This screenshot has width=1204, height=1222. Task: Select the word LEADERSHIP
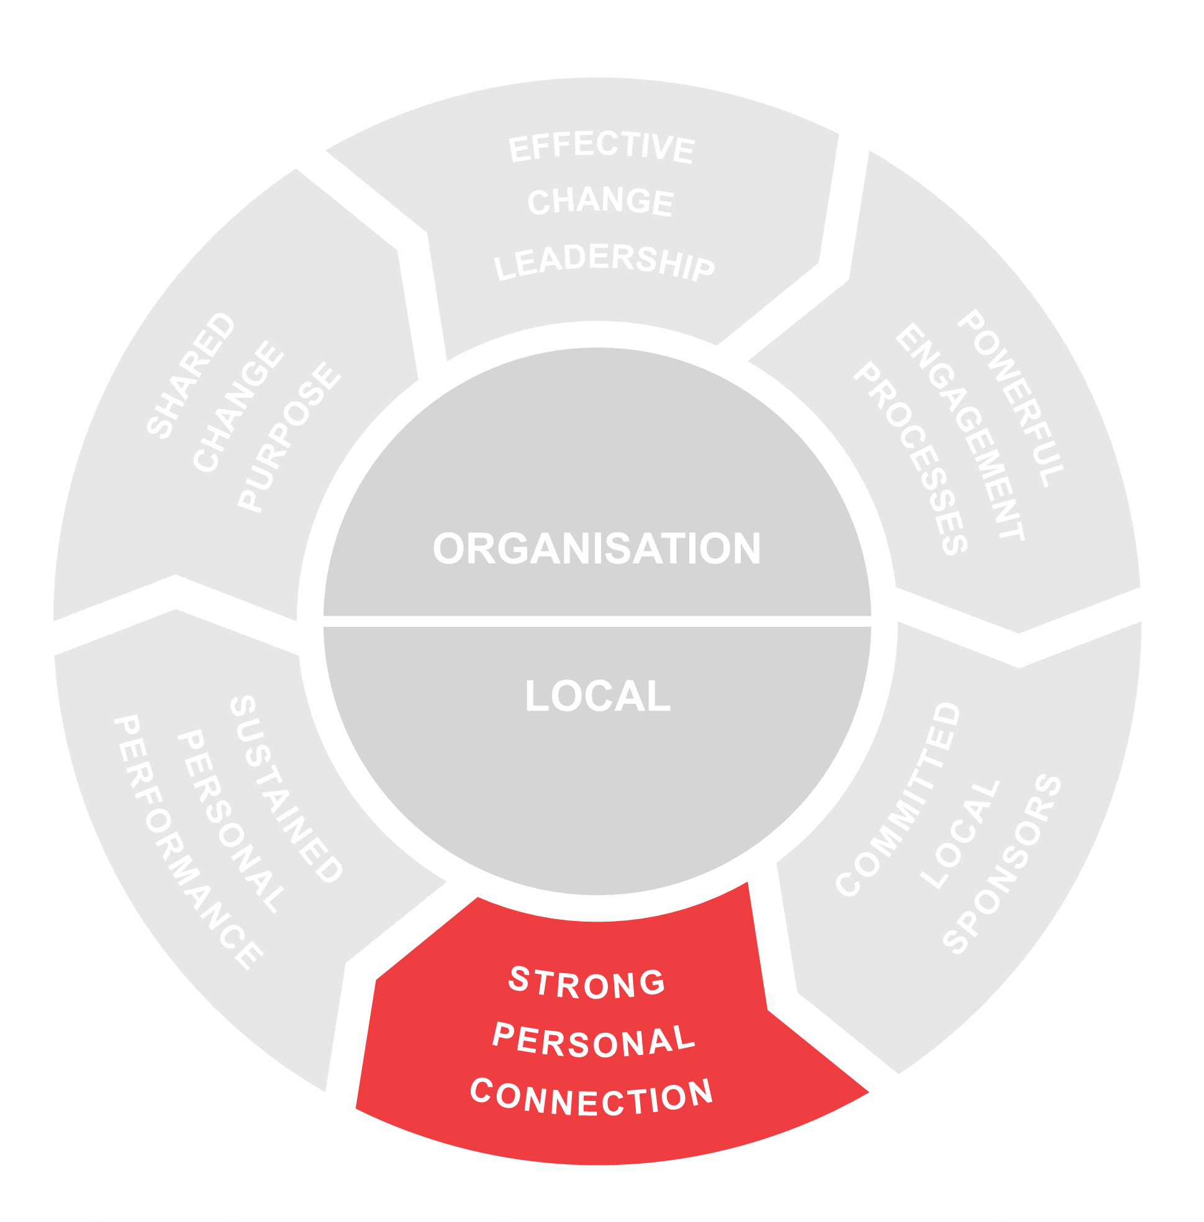[x=604, y=262]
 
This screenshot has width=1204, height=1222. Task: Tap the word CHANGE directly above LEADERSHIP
[x=600, y=202]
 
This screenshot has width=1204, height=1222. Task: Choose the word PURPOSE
[x=289, y=436]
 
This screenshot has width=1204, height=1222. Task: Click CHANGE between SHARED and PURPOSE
[x=238, y=406]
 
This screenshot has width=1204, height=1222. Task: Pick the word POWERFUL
[x=1010, y=398]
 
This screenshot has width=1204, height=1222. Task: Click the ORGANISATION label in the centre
[x=597, y=548]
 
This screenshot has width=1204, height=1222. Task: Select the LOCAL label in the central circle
[x=597, y=696]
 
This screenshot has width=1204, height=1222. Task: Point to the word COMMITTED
[x=898, y=799]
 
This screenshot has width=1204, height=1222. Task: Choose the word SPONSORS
[x=1002, y=863]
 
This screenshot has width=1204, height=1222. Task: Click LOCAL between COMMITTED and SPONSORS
[x=959, y=835]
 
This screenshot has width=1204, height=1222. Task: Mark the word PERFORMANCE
[x=188, y=842]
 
